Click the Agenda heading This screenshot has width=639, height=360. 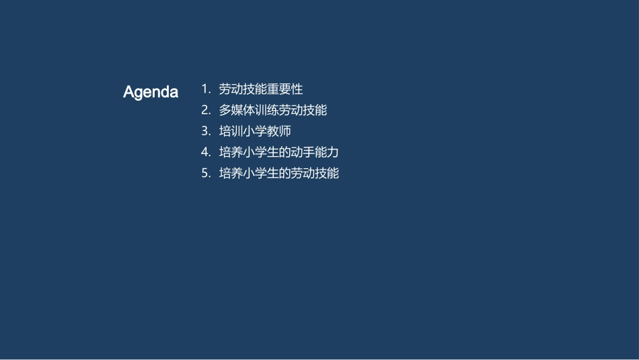click(x=151, y=92)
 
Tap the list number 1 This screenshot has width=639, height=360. click(x=205, y=89)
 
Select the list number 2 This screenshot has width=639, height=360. click(x=205, y=110)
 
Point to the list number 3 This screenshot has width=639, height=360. click(x=205, y=131)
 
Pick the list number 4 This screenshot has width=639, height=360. click(x=205, y=152)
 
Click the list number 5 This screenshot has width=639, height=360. click(x=205, y=173)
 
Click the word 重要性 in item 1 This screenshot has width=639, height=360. click(x=285, y=89)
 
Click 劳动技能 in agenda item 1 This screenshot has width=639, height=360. click(x=243, y=89)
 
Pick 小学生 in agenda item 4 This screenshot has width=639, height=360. click(x=261, y=152)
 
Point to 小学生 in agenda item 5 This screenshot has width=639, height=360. click(x=261, y=173)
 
